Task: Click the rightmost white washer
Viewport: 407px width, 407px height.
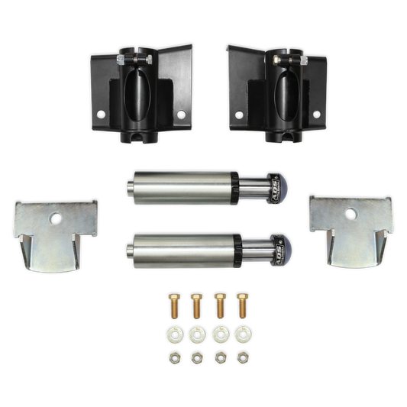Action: [242, 334]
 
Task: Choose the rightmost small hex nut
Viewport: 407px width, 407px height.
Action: [242, 357]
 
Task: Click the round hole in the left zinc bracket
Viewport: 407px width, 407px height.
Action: [55, 219]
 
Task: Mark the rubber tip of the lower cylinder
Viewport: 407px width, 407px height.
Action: [282, 251]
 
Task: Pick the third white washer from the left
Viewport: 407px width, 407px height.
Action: [219, 334]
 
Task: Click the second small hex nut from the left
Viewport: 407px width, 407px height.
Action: [196, 357]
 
